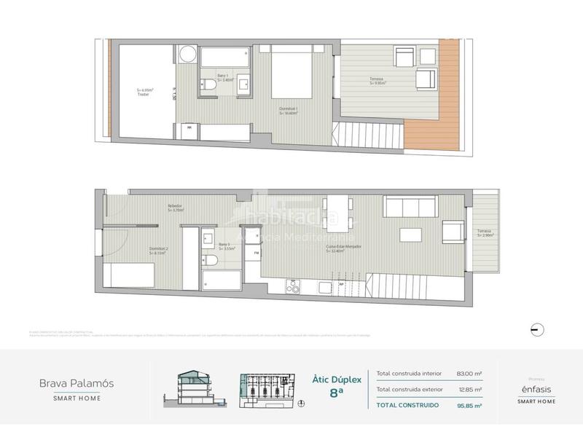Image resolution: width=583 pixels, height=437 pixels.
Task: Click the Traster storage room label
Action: pyautogui.click(x=144, y=92)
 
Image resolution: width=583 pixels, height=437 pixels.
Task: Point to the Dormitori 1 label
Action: pyautogui.click(x=289, y=111)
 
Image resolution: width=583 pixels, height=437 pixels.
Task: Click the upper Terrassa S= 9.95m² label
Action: pyautogui.click(x=377, y=82)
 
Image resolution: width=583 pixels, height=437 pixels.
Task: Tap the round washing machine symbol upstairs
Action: pyautogui.click(x=189, y=55)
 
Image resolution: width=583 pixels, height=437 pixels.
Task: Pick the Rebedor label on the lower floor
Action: pyautogui.click(x=175, y=208)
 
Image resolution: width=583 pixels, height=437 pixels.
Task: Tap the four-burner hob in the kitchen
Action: pyautogui.click(x=296, y=287)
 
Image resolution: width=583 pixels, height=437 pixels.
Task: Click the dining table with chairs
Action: pyautogui.click(x=339, y=211)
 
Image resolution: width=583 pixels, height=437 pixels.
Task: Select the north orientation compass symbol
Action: pyautogui.click(x=536, y=329)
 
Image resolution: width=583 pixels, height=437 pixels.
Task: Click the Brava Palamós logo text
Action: pyautogui.click(x=76, y=382)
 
